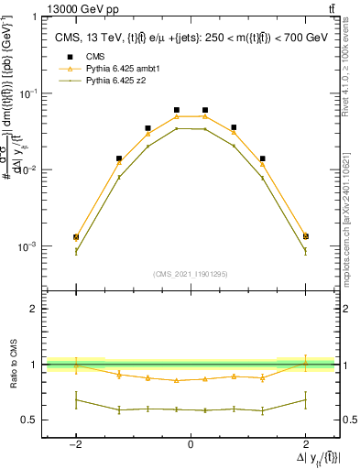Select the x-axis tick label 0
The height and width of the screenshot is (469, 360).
[191, 443]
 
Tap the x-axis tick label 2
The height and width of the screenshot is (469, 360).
[305, 443]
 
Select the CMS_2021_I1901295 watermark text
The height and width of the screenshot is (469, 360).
[190, 274]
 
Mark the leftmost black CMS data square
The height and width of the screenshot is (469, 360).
[76, 237]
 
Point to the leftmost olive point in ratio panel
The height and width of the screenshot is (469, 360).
[76, 399]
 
